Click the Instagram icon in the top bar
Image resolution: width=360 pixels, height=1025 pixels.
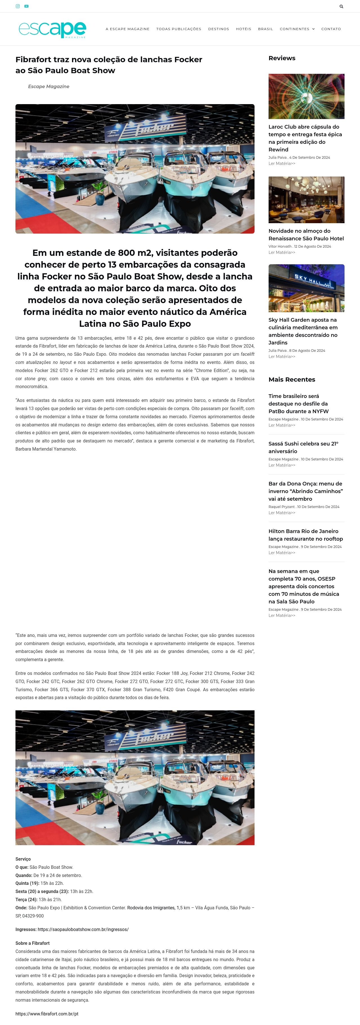[x=17, y=6]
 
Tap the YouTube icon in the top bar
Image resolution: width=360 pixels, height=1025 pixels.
[x=26, y=6]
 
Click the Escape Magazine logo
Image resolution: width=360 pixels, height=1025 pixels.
[x=52, y=30]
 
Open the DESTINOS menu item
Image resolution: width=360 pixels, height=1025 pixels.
[x=218, y=29]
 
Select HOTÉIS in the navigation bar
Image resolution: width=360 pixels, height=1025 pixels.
[x=244, y=29]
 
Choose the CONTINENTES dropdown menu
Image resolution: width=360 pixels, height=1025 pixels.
[x=297, y=29]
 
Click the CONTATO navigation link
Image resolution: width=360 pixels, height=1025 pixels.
[x=331, y=29]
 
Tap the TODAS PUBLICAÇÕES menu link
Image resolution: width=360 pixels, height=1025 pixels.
[x=179, y=29]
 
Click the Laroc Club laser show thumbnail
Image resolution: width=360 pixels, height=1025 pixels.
[x=306, y=96]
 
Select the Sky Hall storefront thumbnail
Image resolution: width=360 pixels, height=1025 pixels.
[x=306, y=288]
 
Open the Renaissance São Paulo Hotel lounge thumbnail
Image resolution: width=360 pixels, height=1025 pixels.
[x=306, y=200]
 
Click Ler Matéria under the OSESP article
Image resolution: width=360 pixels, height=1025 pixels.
[x=282, y=616]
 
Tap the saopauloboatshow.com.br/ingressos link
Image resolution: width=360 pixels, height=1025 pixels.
[x=83, y=930]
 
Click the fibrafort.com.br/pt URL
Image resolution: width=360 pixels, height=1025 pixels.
[x=47, y=1013]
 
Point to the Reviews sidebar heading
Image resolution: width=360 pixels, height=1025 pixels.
[x=282, y=58]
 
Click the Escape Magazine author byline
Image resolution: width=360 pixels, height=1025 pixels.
[x=49, y=86]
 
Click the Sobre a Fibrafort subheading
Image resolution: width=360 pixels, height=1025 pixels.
[x=33, y=943]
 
